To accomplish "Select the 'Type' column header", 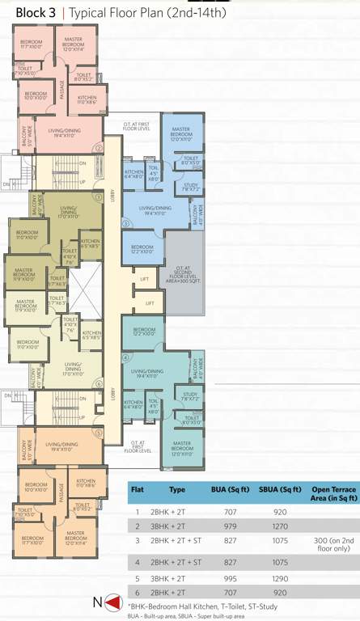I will coord(178,489).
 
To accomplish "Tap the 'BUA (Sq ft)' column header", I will coord(225,489).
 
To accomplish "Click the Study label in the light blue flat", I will coord(190,187).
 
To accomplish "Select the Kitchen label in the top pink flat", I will coord(87,99).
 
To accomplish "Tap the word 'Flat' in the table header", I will coord(138,489).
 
